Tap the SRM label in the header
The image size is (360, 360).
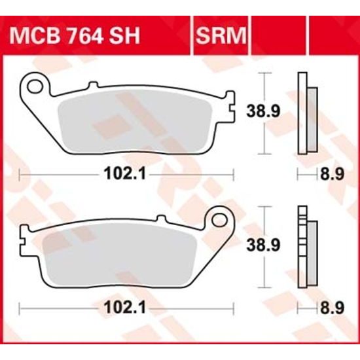(218, 35)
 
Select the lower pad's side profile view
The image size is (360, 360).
(306, 246)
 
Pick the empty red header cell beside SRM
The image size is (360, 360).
(278, 35)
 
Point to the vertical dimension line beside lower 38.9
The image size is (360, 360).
(264, 246)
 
